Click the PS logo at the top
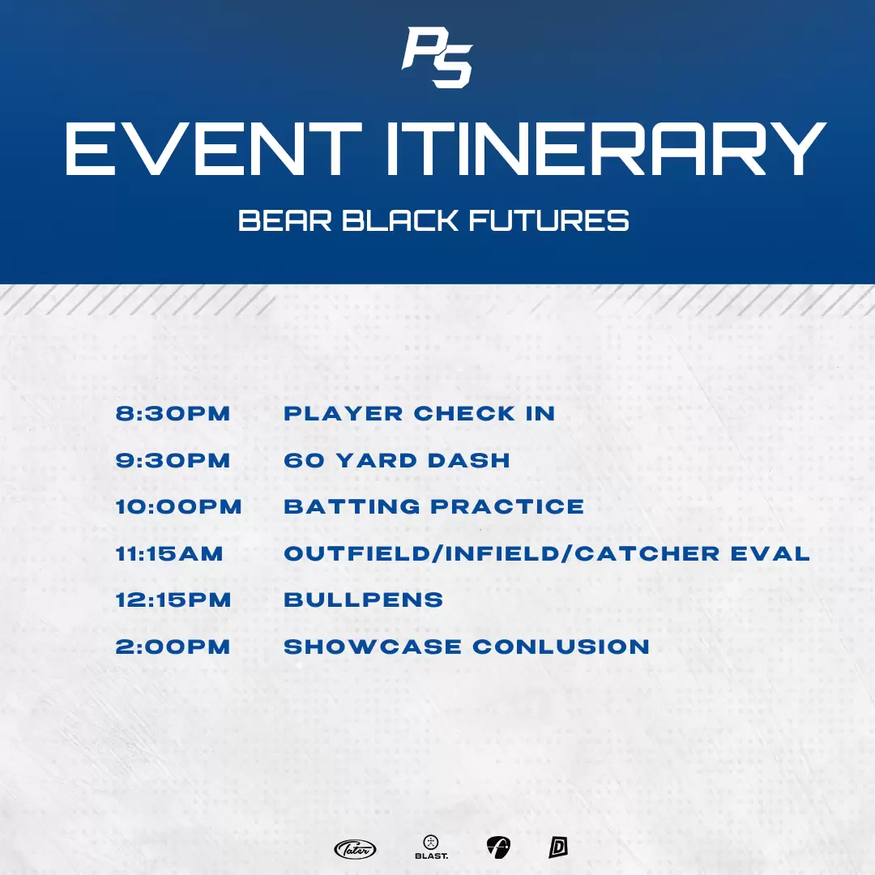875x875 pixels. (437, 58)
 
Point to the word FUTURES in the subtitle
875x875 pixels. (549, 220)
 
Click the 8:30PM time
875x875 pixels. (173, 413)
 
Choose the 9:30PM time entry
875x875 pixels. (173, 460)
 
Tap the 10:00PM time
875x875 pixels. (178, 506)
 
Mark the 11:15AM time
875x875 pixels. (169, 553)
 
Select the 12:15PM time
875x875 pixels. (173, 600)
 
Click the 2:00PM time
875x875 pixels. (173, 647)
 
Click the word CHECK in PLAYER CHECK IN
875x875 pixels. (465, 413)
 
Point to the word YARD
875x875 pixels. (377, 460)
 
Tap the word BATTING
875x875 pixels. (352, 506)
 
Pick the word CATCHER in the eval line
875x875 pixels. (647, 553)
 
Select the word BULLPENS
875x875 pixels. (364, 600)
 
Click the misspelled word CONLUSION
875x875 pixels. (561, 647)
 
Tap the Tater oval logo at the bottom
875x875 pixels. (355, 849)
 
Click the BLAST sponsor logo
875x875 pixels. (431, 847)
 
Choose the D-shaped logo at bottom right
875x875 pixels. (558, 847)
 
